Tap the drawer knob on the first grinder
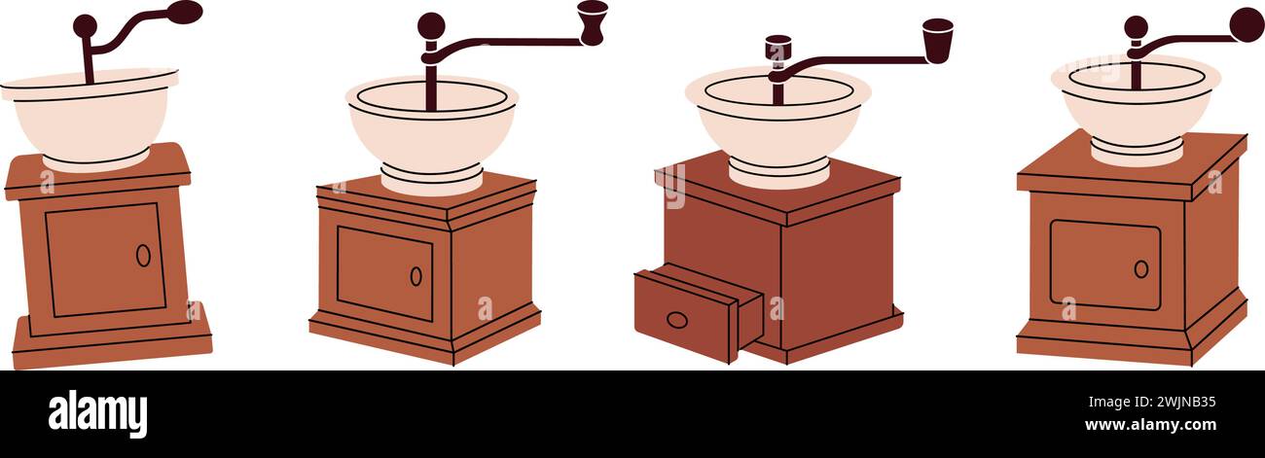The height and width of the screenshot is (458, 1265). (x=143, y=256)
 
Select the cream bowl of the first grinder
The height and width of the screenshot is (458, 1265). (x=90, y=120)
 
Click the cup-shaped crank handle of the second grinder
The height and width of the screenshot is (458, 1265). (x=593, y=22)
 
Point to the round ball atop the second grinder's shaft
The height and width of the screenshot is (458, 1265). (x=431, y=25)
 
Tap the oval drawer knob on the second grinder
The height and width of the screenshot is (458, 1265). (x=416, y=276)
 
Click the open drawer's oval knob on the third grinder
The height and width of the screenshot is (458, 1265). (x=677, y=320)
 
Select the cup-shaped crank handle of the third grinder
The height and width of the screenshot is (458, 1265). (x=938, y=40)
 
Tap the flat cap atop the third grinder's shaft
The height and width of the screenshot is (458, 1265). (x=778, y=48)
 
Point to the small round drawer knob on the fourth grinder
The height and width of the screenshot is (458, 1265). (x=1141, y=269)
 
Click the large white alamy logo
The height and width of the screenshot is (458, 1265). (x=97, y=414)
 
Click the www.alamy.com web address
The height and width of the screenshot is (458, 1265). (x=1150, y=425)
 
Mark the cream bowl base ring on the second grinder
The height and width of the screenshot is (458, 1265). (x=431, y=179)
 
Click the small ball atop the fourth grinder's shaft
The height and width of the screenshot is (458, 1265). (x=1137, y=27)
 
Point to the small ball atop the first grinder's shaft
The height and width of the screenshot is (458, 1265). (x=86, y=26)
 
